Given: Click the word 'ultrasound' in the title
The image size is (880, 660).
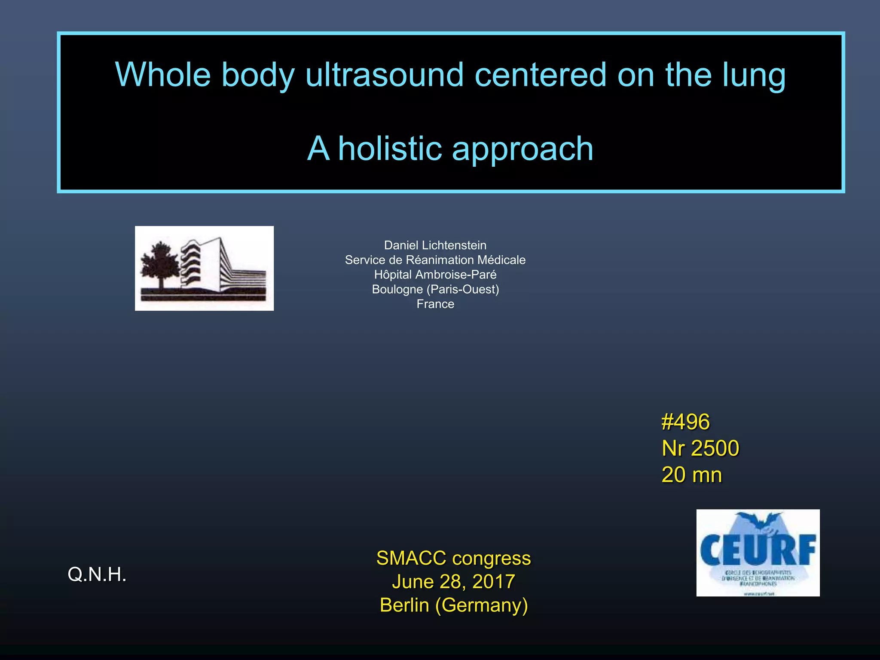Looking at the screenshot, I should (384, 75).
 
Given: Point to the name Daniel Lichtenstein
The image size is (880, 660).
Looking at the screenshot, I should (435, 245).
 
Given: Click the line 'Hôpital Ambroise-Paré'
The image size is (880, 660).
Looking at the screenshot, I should (435, 275).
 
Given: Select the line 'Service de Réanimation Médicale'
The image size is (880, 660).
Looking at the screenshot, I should (435, 260).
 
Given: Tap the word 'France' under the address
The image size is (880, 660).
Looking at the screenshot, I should (435, 304).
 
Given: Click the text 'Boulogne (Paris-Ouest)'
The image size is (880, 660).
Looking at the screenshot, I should (435, 289).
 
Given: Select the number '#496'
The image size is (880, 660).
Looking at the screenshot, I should (686, 422).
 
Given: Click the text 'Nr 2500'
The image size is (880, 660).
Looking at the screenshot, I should (700, 448).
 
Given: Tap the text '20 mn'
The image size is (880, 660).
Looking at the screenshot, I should (691, 475).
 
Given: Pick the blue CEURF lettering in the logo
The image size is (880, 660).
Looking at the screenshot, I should (758, 550).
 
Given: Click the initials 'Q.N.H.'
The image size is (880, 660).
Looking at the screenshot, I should (97, 574).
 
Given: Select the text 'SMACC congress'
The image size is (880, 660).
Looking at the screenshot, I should (453, 558).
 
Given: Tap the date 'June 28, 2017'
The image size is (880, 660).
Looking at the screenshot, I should (453, 581).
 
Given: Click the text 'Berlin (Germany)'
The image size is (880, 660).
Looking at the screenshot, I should (453, 605).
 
